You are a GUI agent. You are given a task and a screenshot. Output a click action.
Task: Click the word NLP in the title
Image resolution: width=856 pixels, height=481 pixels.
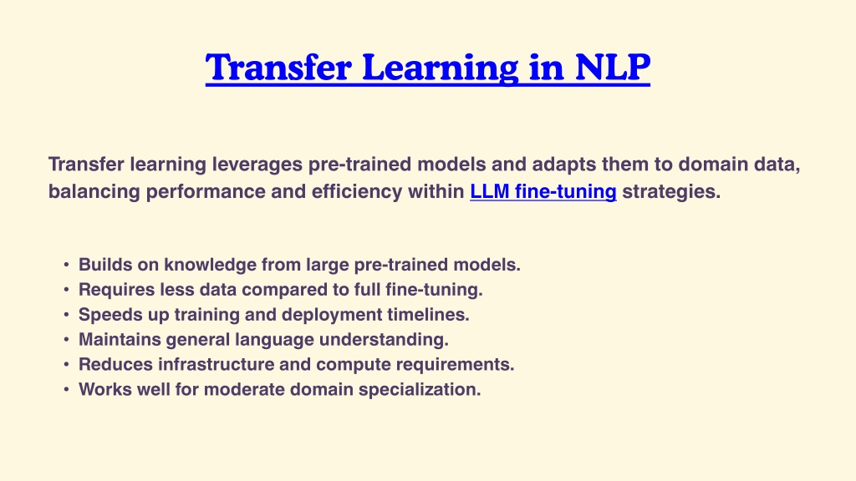(x=612, y=67)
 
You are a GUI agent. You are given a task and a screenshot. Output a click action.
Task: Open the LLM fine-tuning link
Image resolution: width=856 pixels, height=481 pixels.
(x=543, y=191)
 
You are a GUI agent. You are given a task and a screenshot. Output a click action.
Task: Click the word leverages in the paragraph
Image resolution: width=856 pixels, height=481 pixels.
(x=257, y=165)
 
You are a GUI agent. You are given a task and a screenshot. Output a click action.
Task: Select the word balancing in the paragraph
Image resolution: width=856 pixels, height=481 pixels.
(x=94, y=191)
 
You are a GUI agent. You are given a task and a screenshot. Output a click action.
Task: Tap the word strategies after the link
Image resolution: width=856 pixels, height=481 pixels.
(x=671, y=191)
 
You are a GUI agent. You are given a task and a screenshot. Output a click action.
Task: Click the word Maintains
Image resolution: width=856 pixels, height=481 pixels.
(x=120, y=340)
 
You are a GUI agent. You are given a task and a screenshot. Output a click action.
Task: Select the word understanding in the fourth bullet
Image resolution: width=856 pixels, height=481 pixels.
(x=384, y=340)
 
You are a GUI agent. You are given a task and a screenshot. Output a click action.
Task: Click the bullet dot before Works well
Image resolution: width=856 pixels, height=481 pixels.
(x=66, y=389)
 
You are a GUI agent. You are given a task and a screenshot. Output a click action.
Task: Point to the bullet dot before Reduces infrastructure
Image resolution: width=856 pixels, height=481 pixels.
(x=66, y=364)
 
